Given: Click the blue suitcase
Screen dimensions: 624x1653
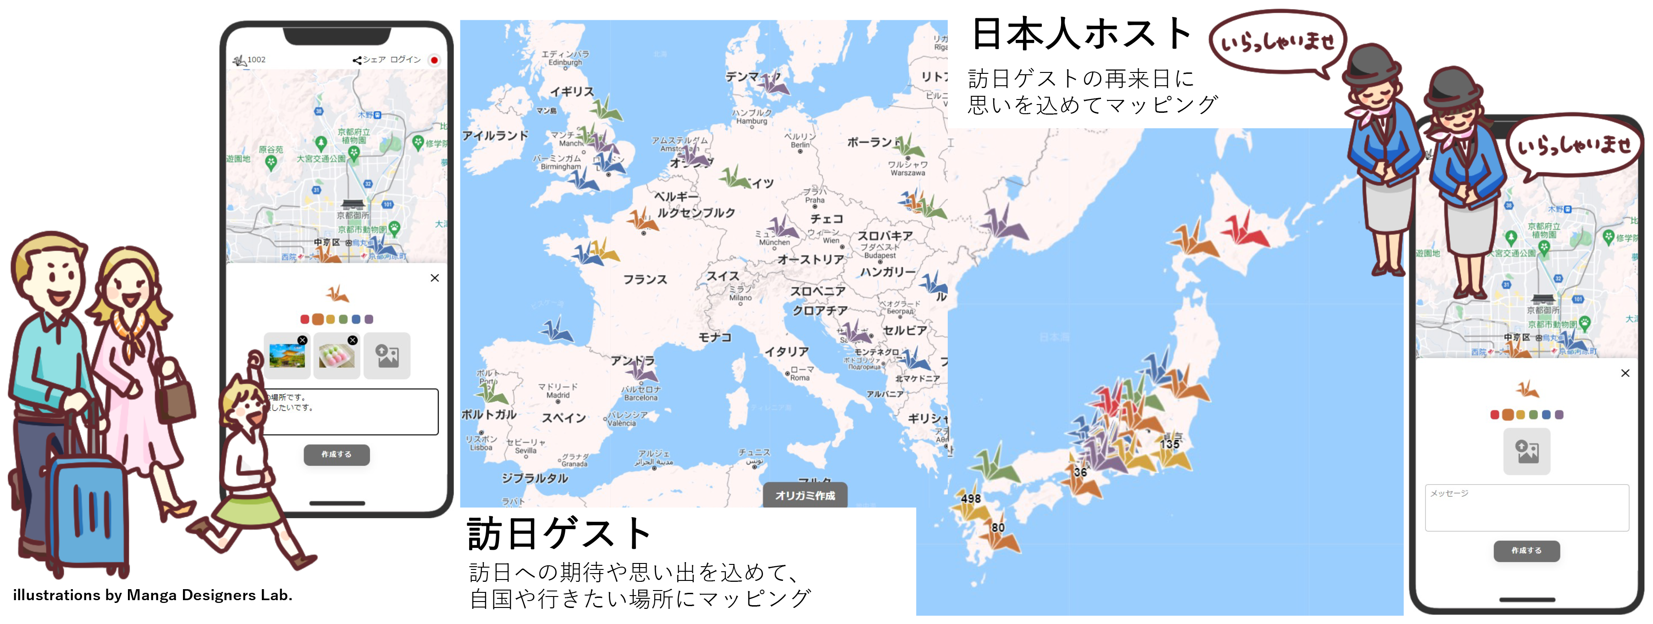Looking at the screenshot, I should (87, 507).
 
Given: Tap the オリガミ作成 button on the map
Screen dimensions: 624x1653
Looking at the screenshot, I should (805, 496).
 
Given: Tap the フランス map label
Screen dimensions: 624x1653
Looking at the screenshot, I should (645, 280).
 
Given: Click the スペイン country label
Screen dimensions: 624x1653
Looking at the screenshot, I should (564, 418).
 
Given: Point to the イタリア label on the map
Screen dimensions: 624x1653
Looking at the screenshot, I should (786, 352).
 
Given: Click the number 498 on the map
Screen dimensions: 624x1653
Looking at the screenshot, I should (970, 498).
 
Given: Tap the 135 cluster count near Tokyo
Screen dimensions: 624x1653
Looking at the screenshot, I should (1169, 444).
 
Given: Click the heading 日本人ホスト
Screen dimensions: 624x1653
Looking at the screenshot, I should (1081, 33).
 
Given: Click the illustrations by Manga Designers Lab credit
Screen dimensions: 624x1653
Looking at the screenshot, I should (153, 595).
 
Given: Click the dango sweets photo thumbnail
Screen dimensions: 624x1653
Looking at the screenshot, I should (336, 355).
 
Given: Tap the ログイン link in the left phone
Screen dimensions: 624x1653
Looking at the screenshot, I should (405, 60).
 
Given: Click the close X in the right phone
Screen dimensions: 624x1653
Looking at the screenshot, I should (1625, 373).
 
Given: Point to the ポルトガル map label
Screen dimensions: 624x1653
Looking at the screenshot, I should (489, 414).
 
